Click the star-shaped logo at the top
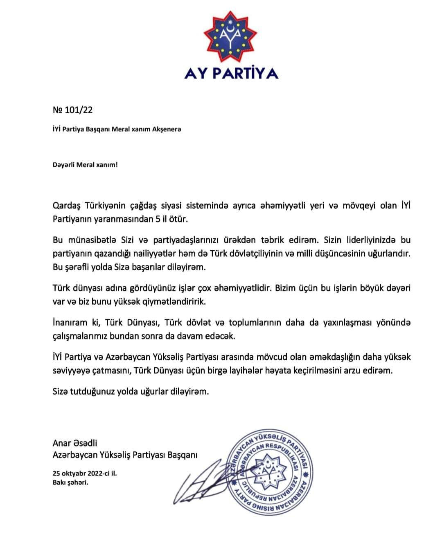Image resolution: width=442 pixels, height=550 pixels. (x=231, y=37)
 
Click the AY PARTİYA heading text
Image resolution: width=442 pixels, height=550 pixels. (x=231, y=73)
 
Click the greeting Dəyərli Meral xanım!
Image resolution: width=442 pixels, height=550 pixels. (x=85, y=165)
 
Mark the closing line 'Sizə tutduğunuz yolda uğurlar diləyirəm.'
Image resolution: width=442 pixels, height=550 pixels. (x=131, y=391)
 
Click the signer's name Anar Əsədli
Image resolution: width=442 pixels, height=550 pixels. (x=75, y=443)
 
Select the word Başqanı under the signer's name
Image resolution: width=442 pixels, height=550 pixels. (x=183, y=455)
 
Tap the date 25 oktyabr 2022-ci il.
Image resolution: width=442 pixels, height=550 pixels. (x=85, y=474)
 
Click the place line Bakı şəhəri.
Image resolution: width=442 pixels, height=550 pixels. (x=70, y=482)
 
